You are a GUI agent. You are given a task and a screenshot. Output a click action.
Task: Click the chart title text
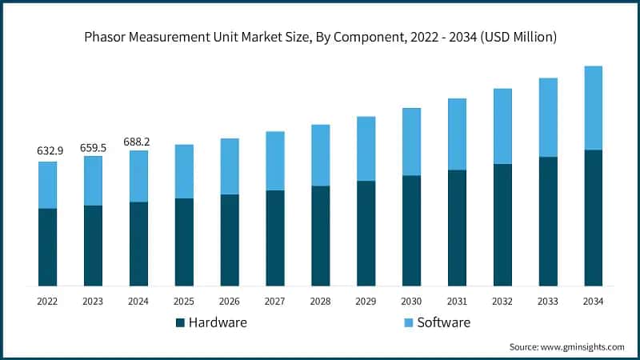(x=320, y=37)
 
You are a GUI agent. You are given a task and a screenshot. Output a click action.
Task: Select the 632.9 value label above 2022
(x=47, y=150)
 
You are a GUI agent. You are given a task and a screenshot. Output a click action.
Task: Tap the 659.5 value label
(x=93, y=147)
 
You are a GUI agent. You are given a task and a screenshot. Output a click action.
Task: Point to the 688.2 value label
(x=138, y=142)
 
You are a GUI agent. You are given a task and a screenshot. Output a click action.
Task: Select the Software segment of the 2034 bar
(x=593, y=108)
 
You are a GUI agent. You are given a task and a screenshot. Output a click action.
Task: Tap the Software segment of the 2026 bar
(x=230, y=166)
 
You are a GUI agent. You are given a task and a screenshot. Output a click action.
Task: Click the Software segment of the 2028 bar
(x=320, y=155)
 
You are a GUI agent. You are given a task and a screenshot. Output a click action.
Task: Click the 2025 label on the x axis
(x=184, y=302)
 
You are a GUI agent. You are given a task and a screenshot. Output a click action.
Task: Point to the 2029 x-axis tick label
(x=366, y=302)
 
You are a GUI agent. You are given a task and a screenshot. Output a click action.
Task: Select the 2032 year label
(x=502, y=302)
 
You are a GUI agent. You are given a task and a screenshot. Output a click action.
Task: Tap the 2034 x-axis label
(x=593, y=302)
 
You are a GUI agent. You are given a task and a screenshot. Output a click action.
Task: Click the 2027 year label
(x=274, y=302)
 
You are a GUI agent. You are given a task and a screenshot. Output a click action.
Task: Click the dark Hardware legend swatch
(x=181, y=322)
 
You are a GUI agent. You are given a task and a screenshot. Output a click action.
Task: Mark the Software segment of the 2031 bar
(x=456, y=134)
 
